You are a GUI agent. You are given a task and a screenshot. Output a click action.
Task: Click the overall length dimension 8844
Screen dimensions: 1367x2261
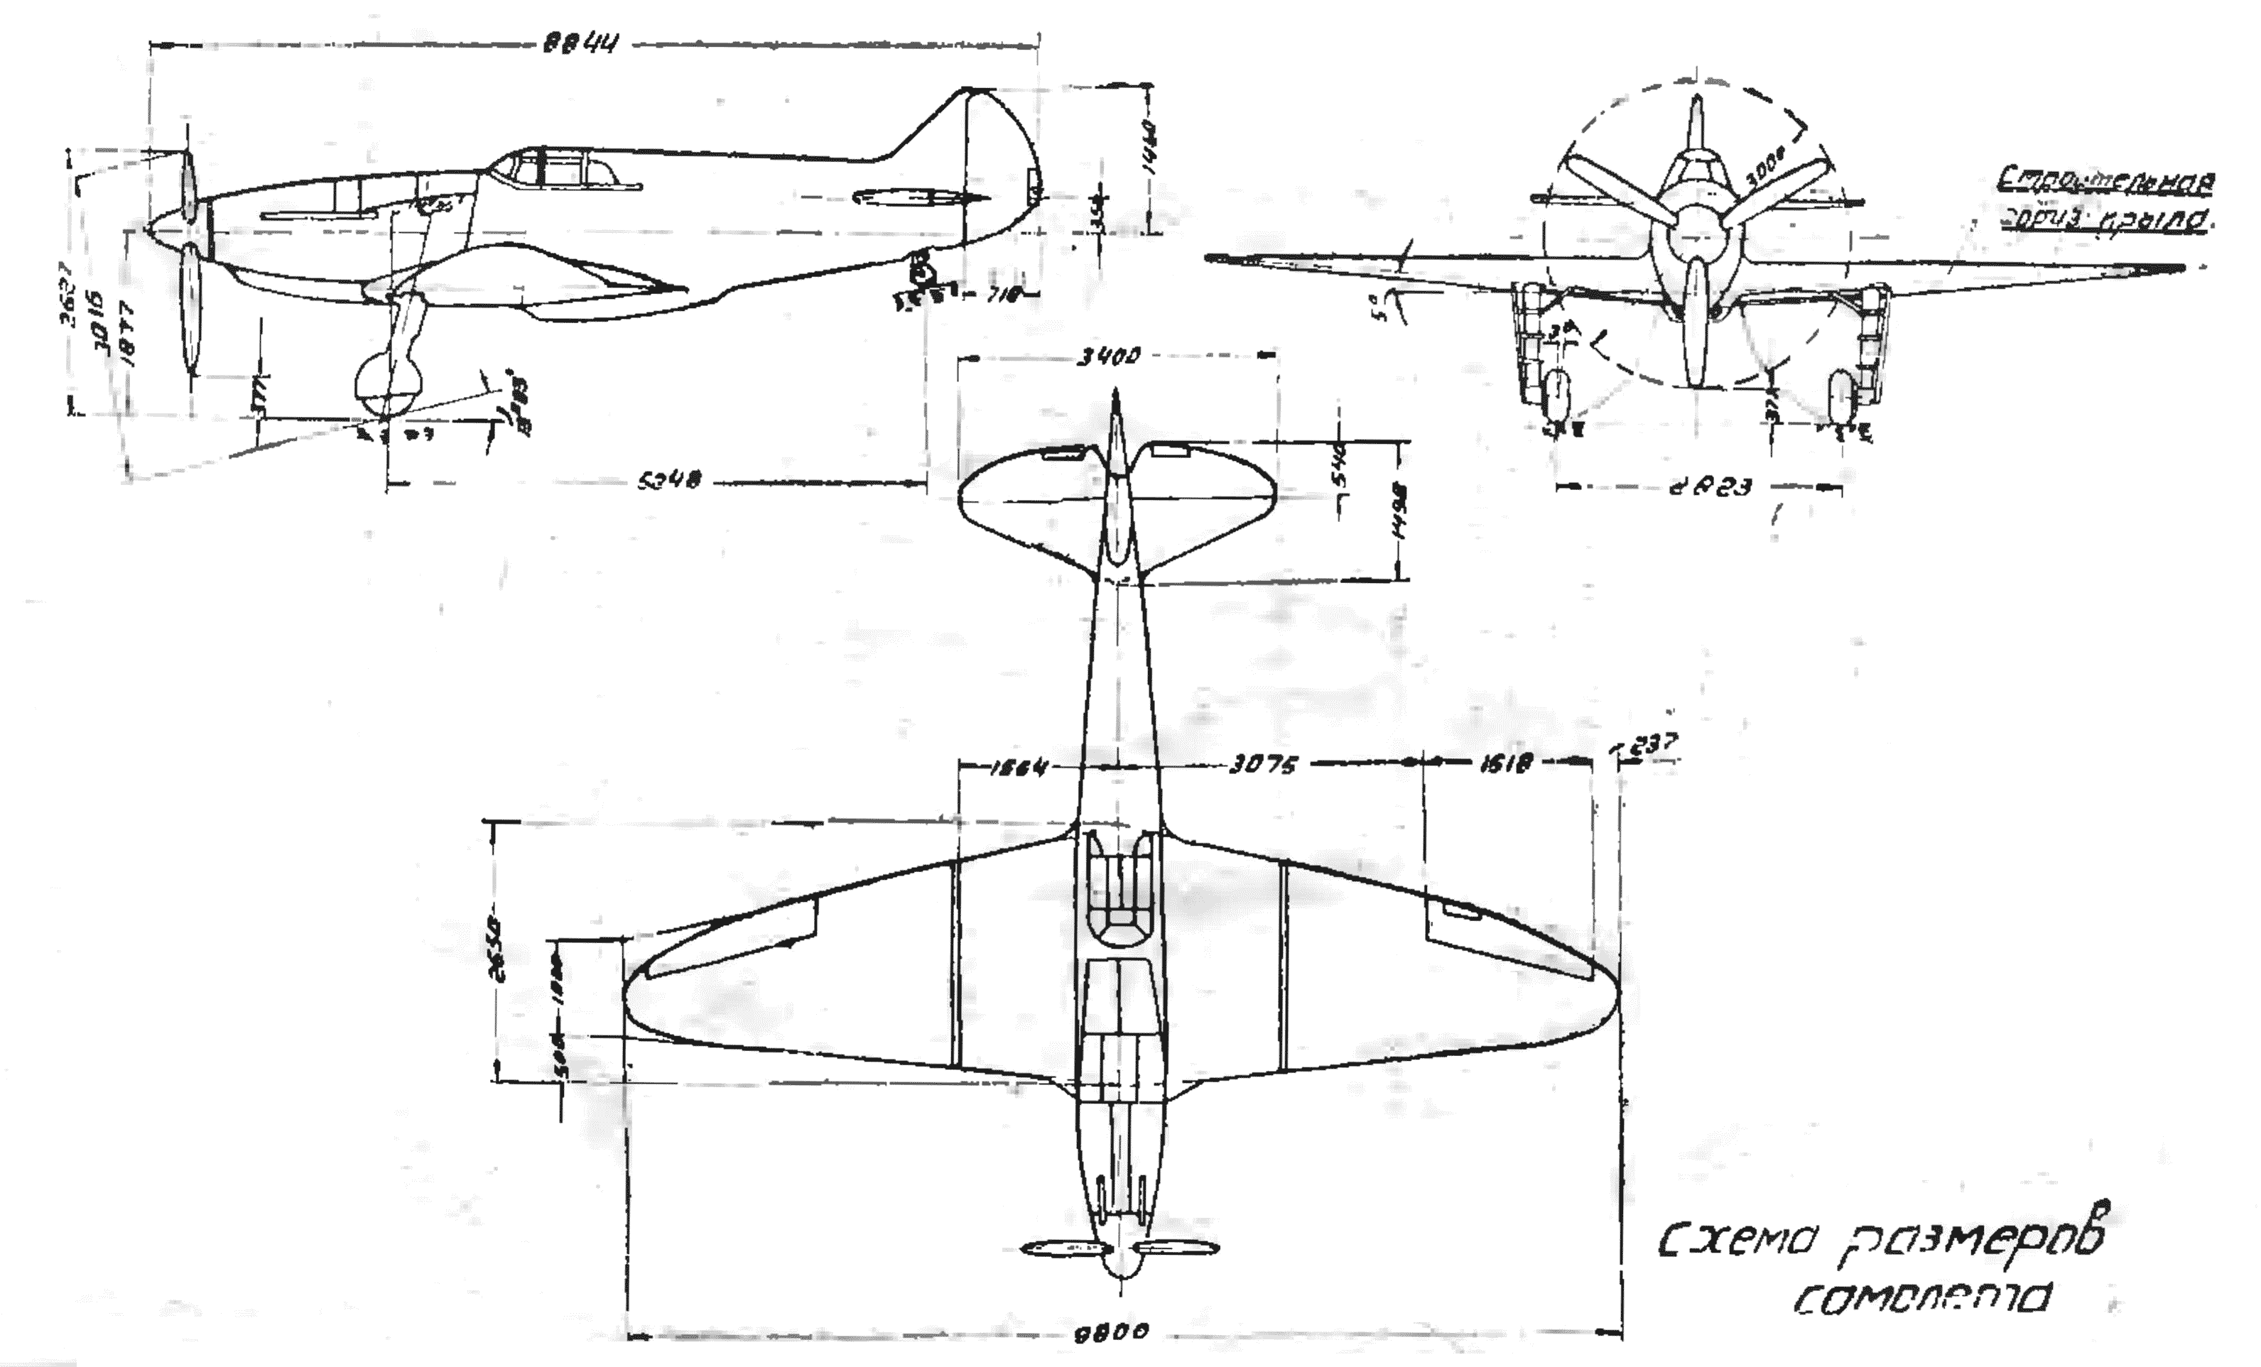tap(578, 44)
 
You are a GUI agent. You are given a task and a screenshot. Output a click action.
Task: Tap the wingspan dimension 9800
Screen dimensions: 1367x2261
tap(1112, 1331)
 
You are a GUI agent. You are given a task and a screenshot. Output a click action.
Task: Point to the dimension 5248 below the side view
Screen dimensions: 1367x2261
tap(670, 480)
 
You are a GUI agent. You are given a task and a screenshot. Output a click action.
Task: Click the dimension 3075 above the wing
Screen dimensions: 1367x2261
tap(1263, 764)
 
